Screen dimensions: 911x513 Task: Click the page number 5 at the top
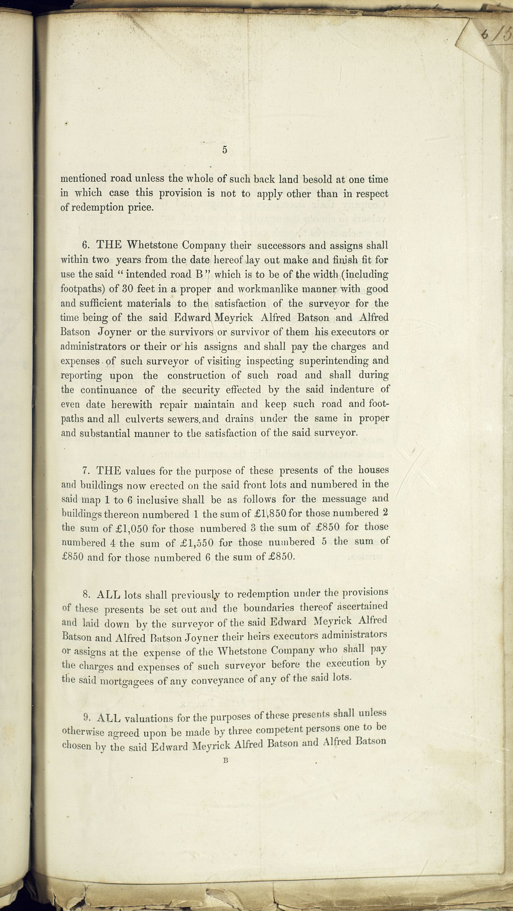tap(225, 150)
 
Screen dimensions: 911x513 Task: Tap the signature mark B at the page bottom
tap(225, 760)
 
